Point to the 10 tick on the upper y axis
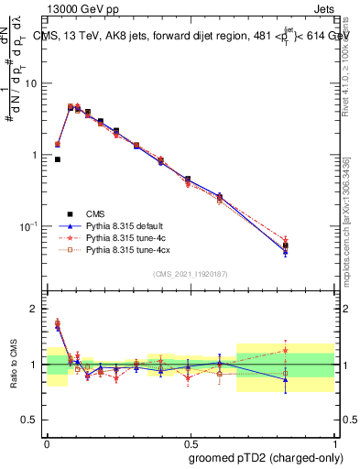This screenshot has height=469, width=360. (32, 83)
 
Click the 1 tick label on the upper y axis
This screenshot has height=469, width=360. (35, 155)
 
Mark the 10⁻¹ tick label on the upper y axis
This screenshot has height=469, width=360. (29, 225)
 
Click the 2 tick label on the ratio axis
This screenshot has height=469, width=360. (35, 309)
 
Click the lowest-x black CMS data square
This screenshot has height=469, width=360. (58, 159)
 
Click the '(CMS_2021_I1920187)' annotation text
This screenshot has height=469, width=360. (190, 273)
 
